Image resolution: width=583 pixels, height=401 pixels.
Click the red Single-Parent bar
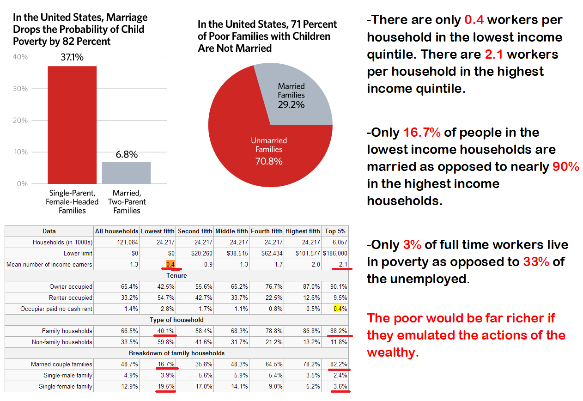(x=72, y=125)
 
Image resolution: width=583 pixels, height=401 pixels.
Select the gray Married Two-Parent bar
(x=126, y=173)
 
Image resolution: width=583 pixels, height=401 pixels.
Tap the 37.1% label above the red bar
(x=72, y=57)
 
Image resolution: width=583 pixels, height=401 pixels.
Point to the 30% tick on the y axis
(x=20, y=89)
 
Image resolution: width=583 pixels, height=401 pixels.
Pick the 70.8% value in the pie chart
(x=269, y=161)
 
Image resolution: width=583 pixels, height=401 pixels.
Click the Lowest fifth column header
(x=158, y=231)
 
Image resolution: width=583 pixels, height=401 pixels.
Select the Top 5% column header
(x=335, y=231)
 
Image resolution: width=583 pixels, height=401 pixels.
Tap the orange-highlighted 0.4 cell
(x=170, y=264)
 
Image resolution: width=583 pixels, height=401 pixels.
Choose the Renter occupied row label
(x=71, y=298)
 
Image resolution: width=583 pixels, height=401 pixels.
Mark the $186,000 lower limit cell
(x=335, y=253)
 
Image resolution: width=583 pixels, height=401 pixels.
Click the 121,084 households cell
(x=127, y=242)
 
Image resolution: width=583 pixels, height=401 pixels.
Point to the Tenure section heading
(x=177, y=276)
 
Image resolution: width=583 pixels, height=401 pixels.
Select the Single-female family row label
(x=66, y=386)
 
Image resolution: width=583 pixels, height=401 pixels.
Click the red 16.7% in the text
(x=422, y=133)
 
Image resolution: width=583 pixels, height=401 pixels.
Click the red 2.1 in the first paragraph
(x=494, y=55)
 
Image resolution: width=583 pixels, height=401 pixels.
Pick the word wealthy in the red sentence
(x=393, y=352)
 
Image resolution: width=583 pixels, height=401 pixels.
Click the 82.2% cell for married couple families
(x=339, y=364)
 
